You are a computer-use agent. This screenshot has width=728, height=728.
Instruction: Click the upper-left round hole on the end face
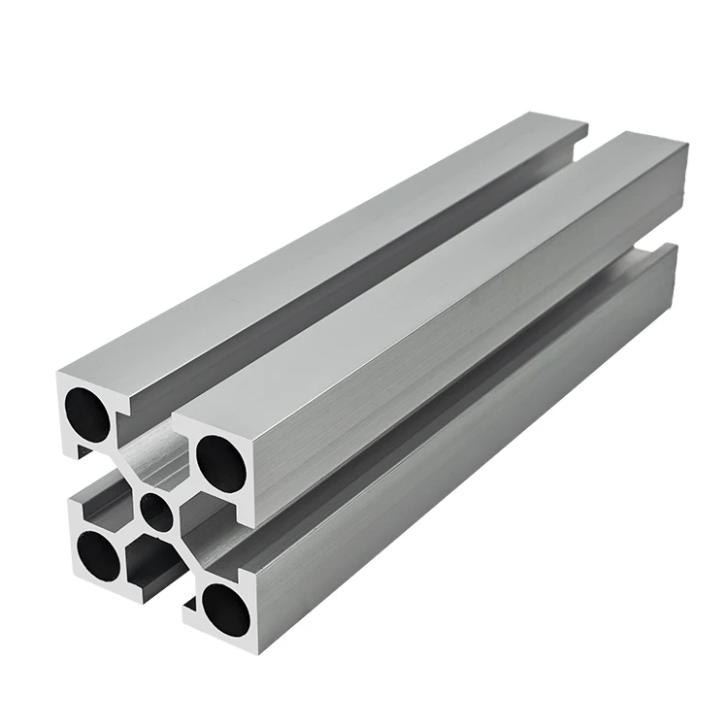click(87, 412)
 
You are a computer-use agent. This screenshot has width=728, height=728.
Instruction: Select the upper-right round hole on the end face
click(221, 463)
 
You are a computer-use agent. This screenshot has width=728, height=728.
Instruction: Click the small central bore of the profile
click(155, 510)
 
